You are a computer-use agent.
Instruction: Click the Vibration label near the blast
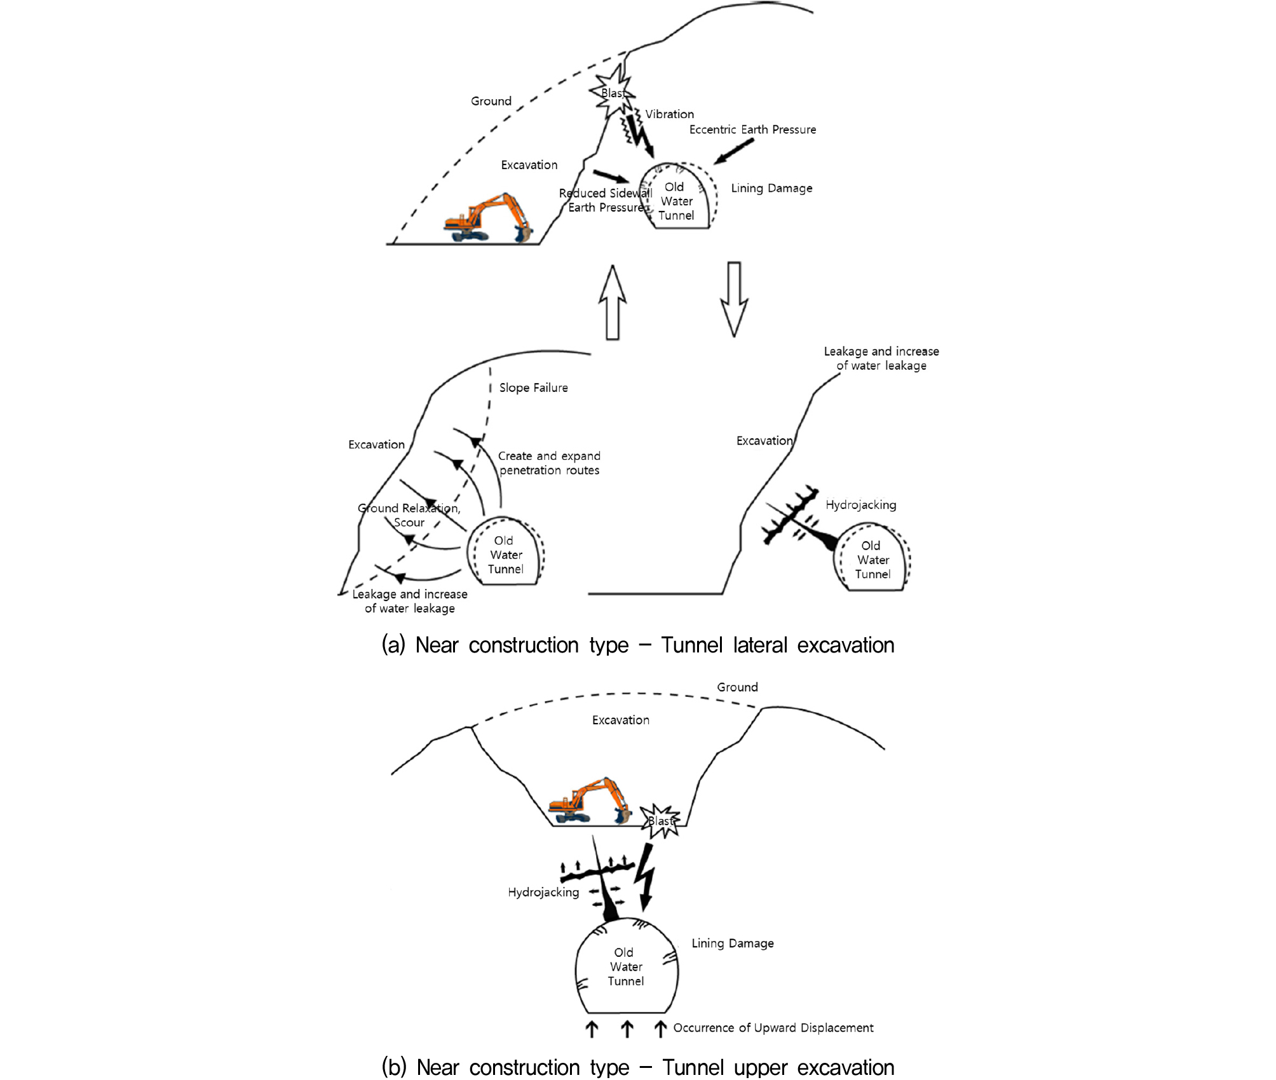(669, 114)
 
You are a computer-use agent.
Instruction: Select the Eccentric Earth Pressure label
(752, 130)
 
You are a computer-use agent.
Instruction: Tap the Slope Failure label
(533, 388)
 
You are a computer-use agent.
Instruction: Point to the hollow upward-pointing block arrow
(613, 302)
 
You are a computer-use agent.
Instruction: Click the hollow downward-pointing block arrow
(734, 299)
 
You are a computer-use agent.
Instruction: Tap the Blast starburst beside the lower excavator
(660, 821)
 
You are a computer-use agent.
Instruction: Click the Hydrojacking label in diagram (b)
(543, 893)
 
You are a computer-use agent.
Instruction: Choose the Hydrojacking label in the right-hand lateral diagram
(861, 505)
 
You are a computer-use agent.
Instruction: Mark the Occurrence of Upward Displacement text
(773, 1028)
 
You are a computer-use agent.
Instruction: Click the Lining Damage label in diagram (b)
(733, 943)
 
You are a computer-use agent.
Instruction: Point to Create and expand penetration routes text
(549, 463)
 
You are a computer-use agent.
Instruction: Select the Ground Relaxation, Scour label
(409, 515)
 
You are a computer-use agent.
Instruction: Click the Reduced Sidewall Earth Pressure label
(606, 200)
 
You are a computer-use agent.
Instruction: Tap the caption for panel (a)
(638, 645)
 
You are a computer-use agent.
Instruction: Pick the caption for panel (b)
(638, 1067)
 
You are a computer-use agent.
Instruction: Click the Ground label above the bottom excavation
(737, 687)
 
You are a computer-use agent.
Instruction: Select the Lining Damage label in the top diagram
(771, 188)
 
